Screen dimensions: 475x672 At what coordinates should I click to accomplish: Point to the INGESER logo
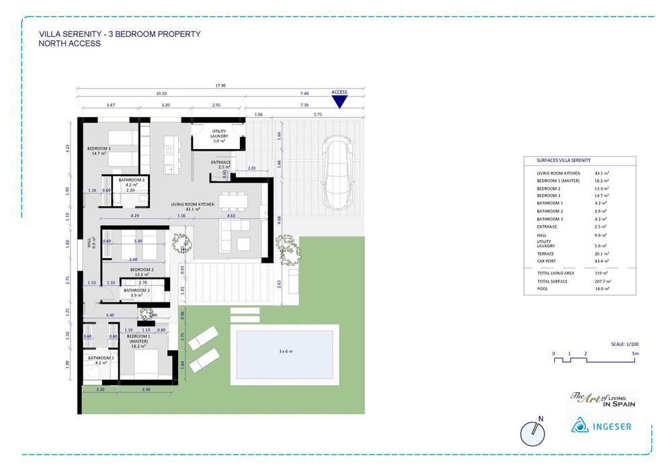tap(601, 426)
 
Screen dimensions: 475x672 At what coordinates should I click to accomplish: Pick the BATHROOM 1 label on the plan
tap(101, 359)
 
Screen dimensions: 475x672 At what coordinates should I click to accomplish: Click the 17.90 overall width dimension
tap(220, 85)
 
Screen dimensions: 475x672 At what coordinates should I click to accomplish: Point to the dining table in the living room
tap(233, 200)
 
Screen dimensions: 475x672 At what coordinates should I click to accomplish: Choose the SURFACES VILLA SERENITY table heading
tap(564, 161)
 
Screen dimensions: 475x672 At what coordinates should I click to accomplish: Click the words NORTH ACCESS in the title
tap(70, 44)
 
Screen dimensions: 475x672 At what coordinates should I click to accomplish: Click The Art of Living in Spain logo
tap(602, 400)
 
